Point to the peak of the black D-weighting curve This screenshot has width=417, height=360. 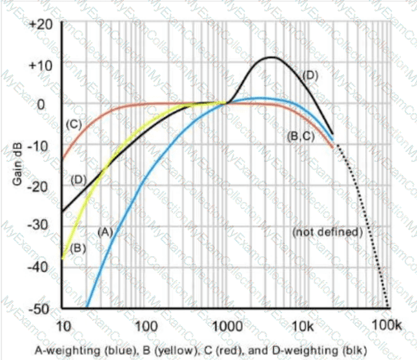tap(271, 57)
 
